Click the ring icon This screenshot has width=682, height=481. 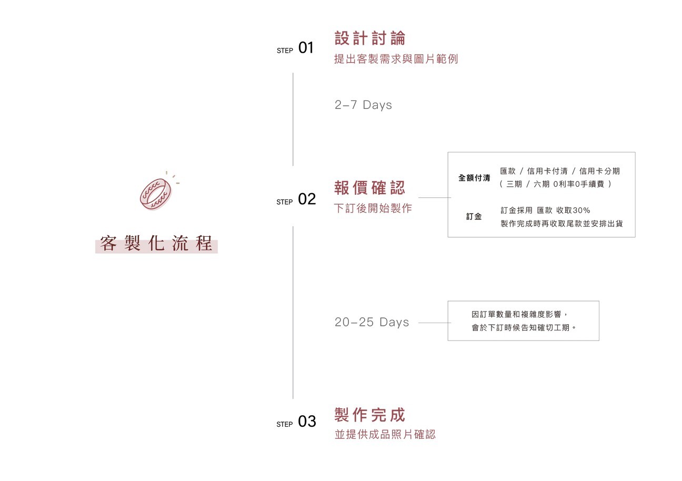156,193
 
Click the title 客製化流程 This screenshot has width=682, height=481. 156,244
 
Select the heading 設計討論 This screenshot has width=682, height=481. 370,38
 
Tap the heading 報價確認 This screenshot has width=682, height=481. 370,188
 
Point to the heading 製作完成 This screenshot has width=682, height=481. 370,415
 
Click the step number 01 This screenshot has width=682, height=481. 306,48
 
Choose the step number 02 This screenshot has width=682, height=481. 307,199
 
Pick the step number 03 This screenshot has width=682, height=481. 307,422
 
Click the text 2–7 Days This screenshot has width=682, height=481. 363,105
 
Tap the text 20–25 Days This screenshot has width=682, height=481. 372,322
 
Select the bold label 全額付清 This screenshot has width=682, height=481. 474,178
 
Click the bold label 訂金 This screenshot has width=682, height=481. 474,216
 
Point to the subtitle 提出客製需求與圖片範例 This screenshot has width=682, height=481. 396,59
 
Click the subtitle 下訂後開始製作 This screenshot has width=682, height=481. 373,208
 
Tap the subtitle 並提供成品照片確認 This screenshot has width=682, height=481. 385,435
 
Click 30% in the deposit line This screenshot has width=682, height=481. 581,211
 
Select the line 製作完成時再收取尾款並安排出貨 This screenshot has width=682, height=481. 561,224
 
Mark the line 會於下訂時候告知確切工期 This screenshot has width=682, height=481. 524,328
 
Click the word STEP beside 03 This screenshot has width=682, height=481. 285,424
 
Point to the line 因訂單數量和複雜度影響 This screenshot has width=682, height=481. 519,315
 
